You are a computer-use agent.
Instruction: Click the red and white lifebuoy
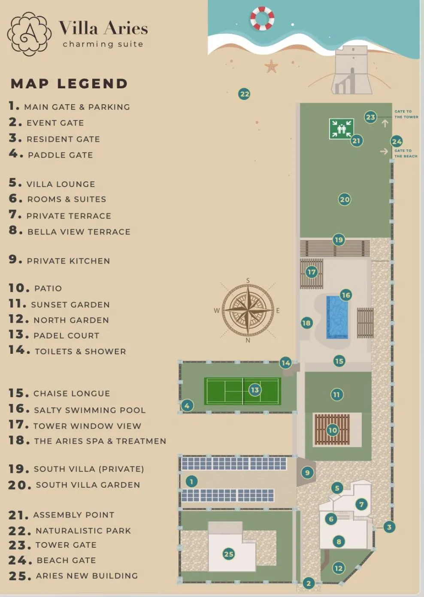[262, 18]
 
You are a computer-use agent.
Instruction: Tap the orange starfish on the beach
[271, 66]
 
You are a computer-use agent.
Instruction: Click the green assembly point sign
[342, 129]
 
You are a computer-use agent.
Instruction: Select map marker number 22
[244, 94]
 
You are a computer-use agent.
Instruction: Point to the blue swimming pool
[337, 317]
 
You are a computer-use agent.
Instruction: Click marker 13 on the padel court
[255, 390]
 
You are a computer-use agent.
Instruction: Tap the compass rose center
[248, 310]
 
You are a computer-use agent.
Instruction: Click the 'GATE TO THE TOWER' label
[406, 114]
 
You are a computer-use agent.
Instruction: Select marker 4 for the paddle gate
[187, 405]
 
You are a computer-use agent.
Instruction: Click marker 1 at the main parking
[191, 481]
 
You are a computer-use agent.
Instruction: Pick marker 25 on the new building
[229, 554]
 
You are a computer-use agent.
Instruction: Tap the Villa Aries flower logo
[29, 34]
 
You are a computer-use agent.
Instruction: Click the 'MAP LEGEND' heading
[69, 83]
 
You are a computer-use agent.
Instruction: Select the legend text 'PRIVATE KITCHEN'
[68, 261]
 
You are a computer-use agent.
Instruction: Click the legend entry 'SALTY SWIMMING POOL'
[90, 410]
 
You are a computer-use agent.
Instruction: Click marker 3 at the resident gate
[389, 527]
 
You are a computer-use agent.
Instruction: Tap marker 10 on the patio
[333, 430]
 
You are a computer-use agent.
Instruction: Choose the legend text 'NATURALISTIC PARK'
[83, 531]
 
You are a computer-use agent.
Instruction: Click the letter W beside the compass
[217, 311]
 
